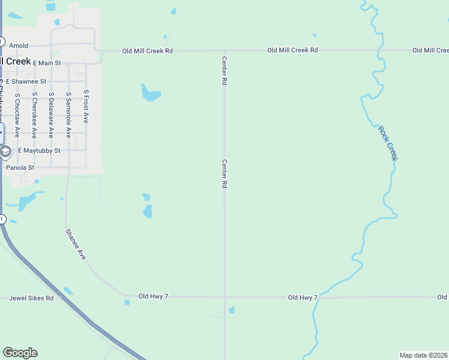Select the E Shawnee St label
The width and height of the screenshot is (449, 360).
[26, 81]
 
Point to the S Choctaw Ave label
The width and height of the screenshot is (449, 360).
[17, 115]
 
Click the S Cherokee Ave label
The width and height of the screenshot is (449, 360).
[35, 115]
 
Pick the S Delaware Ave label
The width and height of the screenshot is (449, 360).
[52, 115]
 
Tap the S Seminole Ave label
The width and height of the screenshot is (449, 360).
[68, 115]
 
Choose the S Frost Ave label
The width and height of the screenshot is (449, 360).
[86, 107]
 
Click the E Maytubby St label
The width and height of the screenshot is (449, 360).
[39, 151]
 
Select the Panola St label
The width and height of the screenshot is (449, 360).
[20, 168]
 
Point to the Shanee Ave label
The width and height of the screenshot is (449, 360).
[76, 244]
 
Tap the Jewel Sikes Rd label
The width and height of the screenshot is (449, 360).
[32, 298]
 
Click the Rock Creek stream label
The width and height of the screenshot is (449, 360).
[388, 143]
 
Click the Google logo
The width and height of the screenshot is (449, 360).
[20, 353]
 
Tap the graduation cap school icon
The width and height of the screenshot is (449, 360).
[5, 151]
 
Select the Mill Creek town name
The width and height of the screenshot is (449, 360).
[16, 61]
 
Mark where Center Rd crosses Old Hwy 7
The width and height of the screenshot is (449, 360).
[224, 297]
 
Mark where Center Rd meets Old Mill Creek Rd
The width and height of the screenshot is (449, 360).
[224, 51]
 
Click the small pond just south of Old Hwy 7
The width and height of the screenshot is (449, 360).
[231, 310]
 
